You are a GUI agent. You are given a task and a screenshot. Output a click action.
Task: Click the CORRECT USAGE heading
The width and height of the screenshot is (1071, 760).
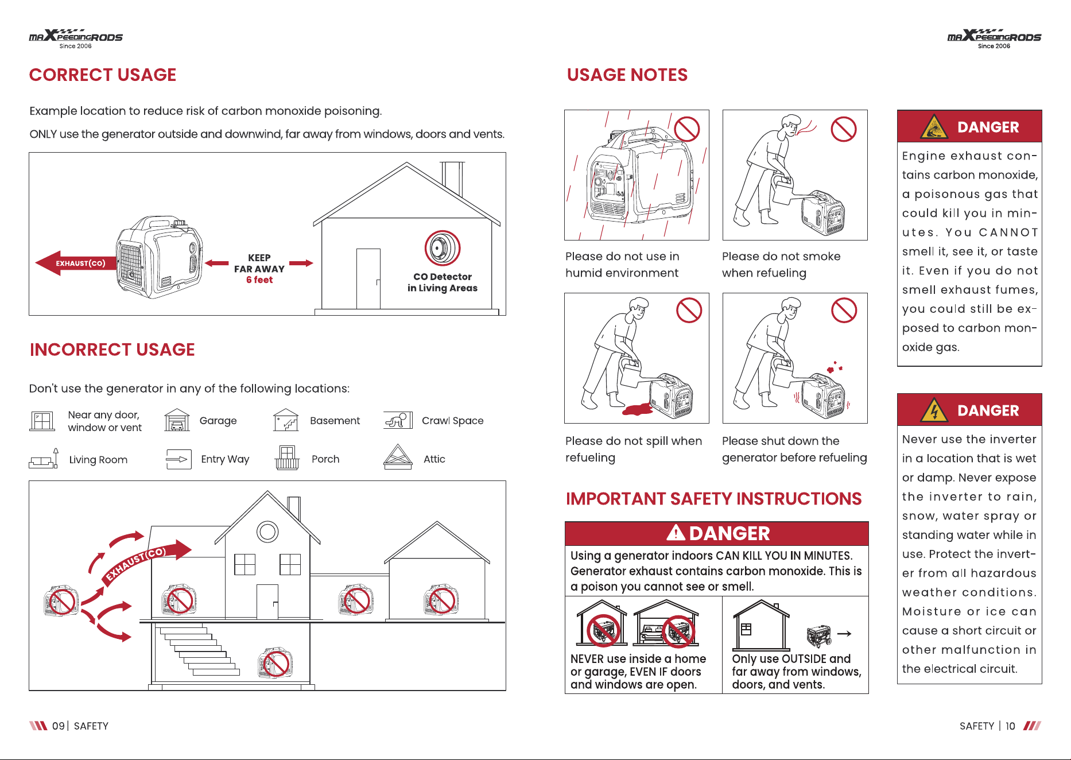pos(103,75)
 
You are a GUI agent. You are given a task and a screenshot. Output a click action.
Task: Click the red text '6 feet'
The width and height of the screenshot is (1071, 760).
pos(259,280)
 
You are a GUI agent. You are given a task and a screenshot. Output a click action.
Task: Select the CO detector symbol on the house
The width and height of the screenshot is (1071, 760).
pos(443,248)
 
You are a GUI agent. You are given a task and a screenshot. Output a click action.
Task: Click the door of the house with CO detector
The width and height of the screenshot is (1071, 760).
pos(368,279)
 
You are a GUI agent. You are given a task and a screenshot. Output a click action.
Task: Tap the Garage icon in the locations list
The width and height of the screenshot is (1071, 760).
pos(177,420)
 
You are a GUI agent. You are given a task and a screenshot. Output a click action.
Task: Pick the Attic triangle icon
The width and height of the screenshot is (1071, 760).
pos(398,457)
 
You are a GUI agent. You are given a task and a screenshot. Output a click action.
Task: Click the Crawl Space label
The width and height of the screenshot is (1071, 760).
pos(453,421)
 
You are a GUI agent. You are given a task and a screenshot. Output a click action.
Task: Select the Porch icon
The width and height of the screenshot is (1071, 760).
pos(287,457)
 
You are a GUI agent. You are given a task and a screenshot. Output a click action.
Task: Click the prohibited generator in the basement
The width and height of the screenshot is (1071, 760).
pos(275,663)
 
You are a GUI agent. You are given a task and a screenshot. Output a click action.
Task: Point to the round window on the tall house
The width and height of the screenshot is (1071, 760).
pos(267,532)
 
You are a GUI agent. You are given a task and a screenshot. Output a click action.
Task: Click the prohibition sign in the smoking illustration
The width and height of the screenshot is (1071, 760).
pos(844,129)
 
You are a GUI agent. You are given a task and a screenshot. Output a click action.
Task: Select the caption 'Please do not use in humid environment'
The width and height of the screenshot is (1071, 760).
pos(622,265)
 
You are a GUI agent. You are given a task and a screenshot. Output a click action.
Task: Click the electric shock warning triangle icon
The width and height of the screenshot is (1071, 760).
pos(934,410)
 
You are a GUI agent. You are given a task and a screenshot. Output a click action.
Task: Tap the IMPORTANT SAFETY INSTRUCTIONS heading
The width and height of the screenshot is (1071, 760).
pos(713,499)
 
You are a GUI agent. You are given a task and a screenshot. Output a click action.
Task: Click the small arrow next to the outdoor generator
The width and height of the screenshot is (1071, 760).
pos(844,634)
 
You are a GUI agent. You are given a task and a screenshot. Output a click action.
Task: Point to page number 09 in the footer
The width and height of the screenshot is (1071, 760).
pos(58,726)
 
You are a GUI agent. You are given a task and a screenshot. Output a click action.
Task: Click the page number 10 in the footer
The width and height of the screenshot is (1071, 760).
pos(1010,726)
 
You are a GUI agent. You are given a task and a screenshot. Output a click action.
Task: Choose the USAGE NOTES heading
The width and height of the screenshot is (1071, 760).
pos(627,75)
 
